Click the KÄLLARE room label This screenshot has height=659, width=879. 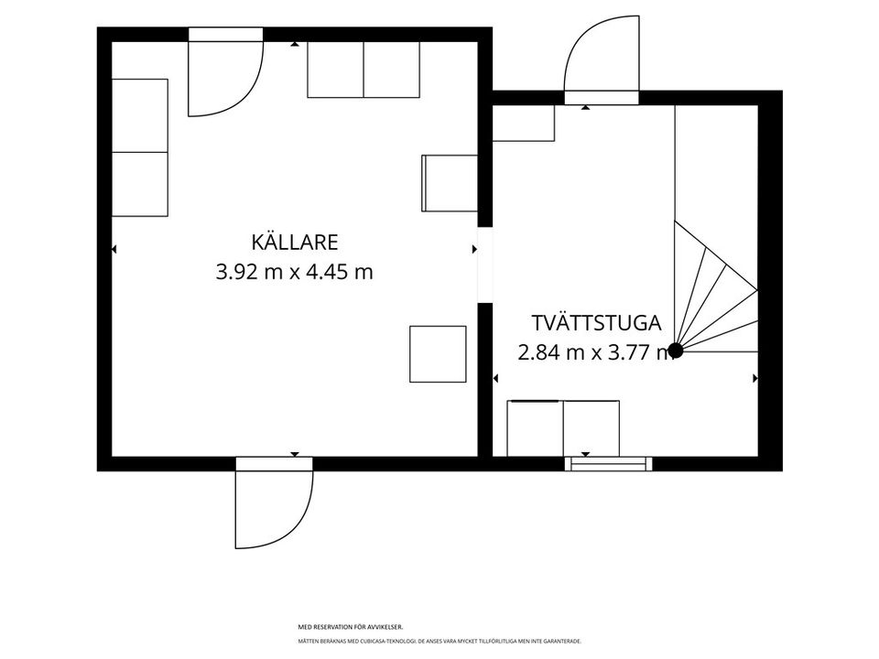pos(295,243)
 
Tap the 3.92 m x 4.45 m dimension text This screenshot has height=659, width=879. pos(295,272)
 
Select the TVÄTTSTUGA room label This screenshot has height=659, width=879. pos(595,323)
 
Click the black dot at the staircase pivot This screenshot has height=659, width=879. pos(676,350)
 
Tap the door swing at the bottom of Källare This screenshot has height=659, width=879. pos(273,508)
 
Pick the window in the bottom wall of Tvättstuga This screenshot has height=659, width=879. pos(609,463)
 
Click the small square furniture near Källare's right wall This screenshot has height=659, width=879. pos(438,353)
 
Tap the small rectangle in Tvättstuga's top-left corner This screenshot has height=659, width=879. pos(524,124)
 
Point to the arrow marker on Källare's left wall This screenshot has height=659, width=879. pos(114,248)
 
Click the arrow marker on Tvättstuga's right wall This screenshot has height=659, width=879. pos(755,378)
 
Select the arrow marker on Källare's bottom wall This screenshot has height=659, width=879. pos(295,454)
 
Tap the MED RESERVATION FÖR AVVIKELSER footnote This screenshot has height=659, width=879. pos(351,627)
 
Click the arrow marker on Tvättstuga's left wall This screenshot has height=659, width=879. pos(495,378)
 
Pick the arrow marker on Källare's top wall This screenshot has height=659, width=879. pos(295,44)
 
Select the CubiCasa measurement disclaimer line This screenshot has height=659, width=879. pos(439,641)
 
